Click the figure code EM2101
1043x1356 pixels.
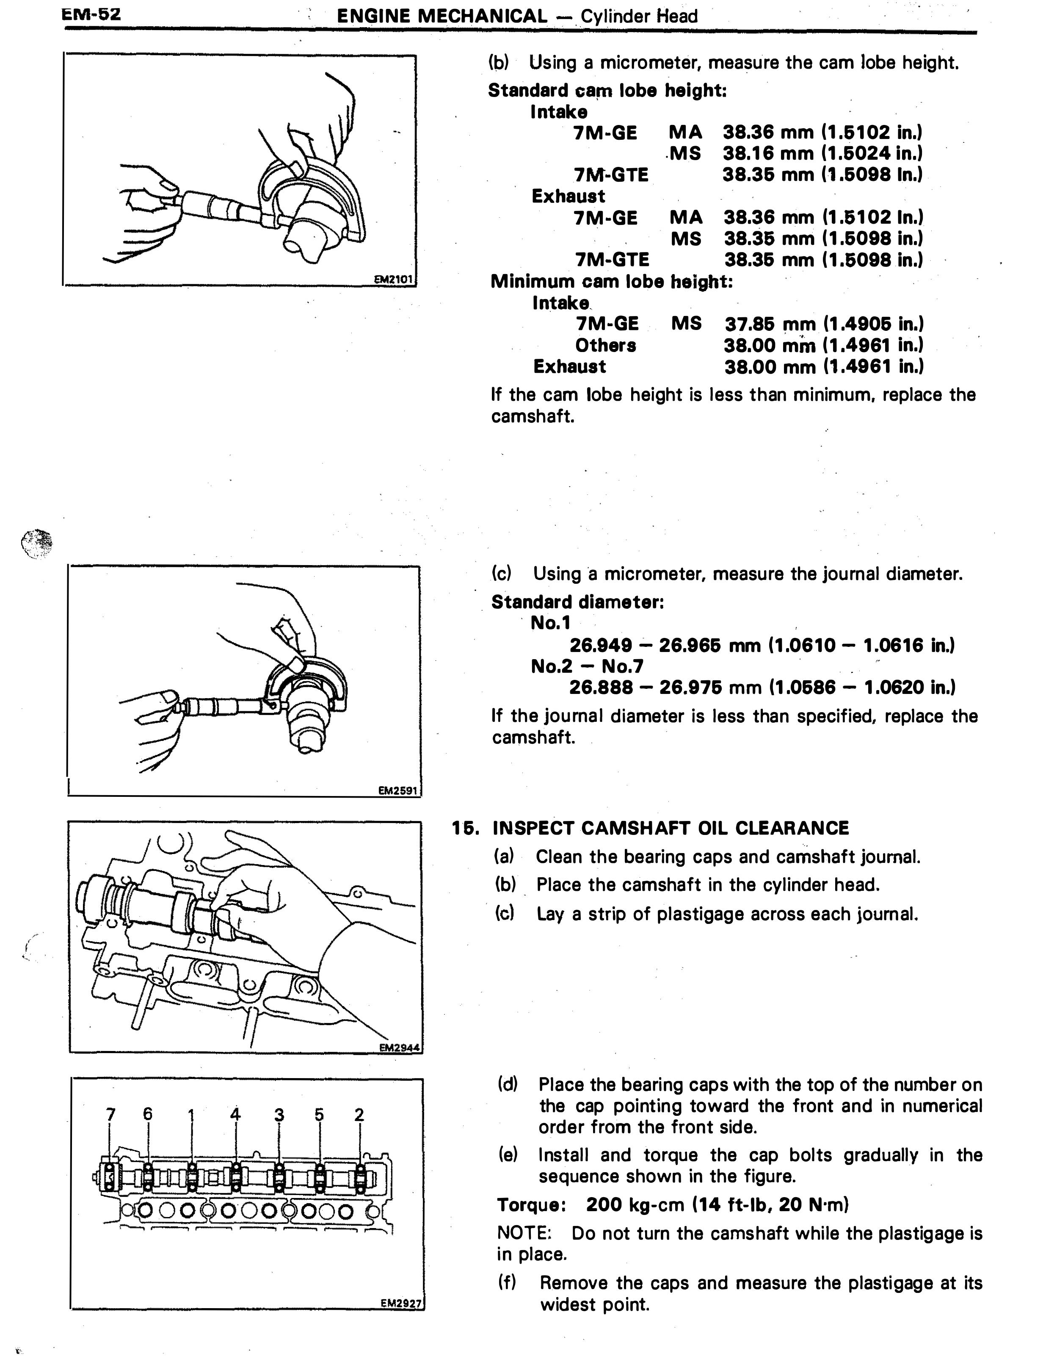pos(393,280)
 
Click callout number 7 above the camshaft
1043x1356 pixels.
pos(110,1114)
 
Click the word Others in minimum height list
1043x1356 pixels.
pos(606,345)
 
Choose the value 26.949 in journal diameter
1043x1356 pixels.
pos(601,646)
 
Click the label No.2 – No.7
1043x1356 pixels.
pos(587,667)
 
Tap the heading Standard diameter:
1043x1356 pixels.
pos(578,602)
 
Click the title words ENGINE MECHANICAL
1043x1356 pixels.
pos(442,16)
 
